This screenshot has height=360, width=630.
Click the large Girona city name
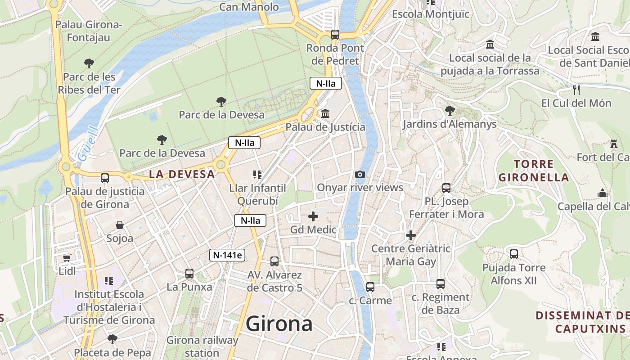coord(279,324)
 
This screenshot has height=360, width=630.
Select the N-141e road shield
coord(228,255)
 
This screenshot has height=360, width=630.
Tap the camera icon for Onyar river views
coord(360,174)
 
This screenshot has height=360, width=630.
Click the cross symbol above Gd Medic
coord(313,216)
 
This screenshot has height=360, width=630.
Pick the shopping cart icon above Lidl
coord(67,258)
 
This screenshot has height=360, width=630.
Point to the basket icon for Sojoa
coord(120,225)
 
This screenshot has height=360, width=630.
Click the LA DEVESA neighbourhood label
coord(182,174)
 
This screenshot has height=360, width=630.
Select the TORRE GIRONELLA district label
coord(533,171)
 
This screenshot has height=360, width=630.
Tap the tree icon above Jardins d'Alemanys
coord(449,110)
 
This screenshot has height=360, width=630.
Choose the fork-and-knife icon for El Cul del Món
coord(576,90)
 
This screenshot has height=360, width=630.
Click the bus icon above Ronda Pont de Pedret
coord(335,34)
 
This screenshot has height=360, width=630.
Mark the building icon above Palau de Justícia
coord(325,114)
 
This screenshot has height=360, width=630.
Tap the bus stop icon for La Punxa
coord(189,273)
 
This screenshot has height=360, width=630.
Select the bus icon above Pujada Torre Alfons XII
coord(514,254)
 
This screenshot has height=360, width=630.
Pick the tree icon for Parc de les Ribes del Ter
coord(89,63)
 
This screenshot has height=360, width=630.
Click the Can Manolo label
coord(249,7)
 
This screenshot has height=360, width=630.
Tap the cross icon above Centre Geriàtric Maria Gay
coord(410,235)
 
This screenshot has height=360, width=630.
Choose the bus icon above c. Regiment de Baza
coord(441,284)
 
